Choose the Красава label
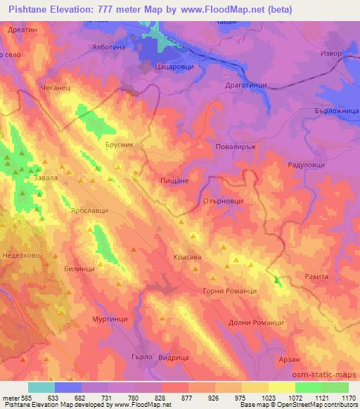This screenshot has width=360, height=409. click(x=188, y=258)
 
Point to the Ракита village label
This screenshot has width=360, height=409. click(x=316, y=277)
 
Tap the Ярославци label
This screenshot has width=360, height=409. click(x=90, y=210)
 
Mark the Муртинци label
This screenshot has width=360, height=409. click(x=110, y=318)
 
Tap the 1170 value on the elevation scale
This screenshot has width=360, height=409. click(x=348, y=397)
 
